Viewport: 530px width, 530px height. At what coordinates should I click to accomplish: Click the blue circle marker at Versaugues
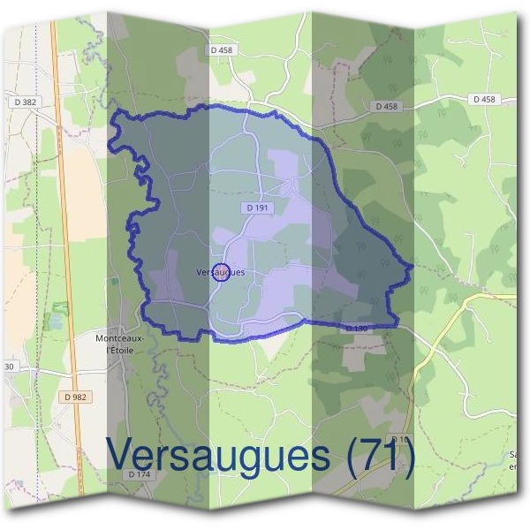coord(222,271)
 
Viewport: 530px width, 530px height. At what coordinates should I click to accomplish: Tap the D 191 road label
coord(257,208)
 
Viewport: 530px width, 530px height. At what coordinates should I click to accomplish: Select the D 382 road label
coord(27,102)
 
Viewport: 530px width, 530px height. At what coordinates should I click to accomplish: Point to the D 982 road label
coord(76,397)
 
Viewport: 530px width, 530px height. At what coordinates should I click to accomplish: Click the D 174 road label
coord(140,475)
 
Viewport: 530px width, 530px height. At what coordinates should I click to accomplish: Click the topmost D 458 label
coord(222,50)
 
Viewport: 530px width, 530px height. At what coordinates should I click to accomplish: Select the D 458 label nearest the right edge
coord(483,100)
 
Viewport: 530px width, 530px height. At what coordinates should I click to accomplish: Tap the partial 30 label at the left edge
coord(8,366)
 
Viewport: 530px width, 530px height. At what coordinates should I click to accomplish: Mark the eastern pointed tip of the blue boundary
coord(413,264)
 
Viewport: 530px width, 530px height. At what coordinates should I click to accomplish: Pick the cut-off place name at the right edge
coord(513,460)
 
